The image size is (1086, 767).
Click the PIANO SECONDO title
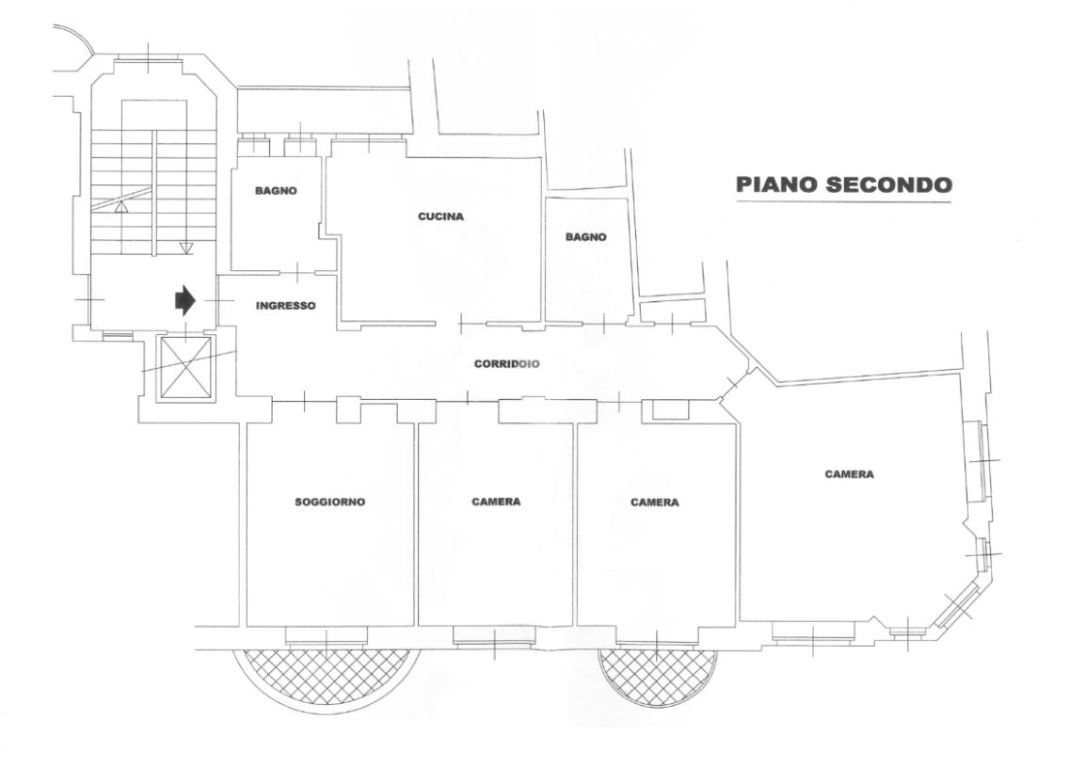click(x=843, y=184)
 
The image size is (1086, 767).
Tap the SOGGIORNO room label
click(x=329, y=502)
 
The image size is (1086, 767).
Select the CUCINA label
click(x=441, y=216)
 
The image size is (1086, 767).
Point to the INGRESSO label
click(x=285, y=306)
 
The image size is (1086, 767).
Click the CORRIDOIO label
click(x=506, y=363)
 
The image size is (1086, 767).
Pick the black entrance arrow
click(x=184, y=300)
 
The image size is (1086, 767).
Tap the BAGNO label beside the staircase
click(x=276, y=191)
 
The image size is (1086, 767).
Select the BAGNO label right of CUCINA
click(x=585, y=237)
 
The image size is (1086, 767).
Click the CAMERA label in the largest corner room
click(x=849, y=474)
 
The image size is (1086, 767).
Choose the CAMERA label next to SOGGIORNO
click(x=496, y=502)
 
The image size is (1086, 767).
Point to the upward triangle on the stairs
click(x=120, y=207)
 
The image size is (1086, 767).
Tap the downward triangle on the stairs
click(x=185, y=248)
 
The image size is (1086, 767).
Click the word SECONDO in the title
click(x=887, y=184)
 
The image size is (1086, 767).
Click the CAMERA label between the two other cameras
click(x=654, y=503)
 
